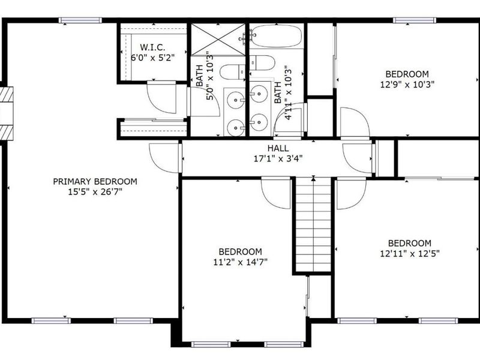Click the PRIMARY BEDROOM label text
click(x=95, y=181)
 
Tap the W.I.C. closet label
click(x=153, y=47)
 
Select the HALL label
click(x=278, y=148)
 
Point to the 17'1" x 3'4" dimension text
click(x=278, y=160)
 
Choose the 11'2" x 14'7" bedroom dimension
click(x=240, y=262)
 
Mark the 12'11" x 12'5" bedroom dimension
click(x=409, y=253)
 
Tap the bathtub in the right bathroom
click(x=276, y=38)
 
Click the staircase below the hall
click(x=313, y=225)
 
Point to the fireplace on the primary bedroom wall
click(x=6, y=113)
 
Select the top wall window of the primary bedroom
click(x=80, y=20)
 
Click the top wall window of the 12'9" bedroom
click(x=414, y=20)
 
